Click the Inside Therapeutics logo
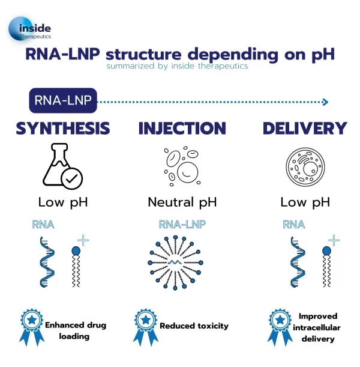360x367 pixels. (x=30, y=29)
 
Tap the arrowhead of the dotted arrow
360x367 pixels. (x=325, y=102)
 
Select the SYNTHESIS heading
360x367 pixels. (x=63, y=129)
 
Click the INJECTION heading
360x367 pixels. (x=182, y=129)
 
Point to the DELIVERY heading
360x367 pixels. (x=304, y=129)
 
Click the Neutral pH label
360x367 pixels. (x=182, y=202)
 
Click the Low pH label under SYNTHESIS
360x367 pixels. (x=63, y=202)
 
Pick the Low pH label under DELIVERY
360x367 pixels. (x=305, y=202)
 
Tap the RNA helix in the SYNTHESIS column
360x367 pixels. (x=47, y=263)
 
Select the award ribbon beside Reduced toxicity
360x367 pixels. (x=144, y=327)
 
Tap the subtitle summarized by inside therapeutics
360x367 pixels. (x=177, y=66)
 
